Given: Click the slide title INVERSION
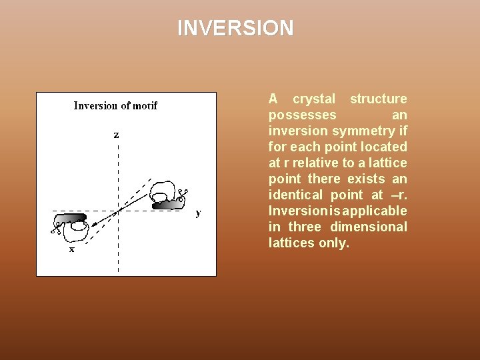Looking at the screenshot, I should (x=235, y=28).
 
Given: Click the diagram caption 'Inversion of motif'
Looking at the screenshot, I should (x=115, y=105).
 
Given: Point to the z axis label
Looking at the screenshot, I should (x=116, y=135).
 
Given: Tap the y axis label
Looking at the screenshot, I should (x=197, y=213).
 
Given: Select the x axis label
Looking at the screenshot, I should (x=72, y=249).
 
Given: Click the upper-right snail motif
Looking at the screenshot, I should (x=167, y=195).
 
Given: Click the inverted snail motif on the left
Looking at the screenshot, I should (x=73, y=224).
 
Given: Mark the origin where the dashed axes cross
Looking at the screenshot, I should (x=118, y=212).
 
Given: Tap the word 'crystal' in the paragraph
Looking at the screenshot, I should (x=314, y=99).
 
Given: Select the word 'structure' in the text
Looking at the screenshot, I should (x=378, y=99).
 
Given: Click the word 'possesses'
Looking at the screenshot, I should (x=298, y=115).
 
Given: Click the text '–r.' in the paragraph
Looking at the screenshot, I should (x=397, y=195).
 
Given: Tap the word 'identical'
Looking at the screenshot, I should (x=297, y=195).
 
